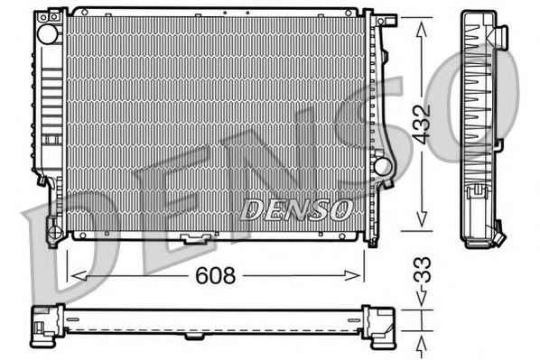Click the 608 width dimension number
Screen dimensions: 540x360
(x=216, y=275)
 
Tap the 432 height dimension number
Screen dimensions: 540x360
(x=422, y=124)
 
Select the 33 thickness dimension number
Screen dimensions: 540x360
(x=422, y=270)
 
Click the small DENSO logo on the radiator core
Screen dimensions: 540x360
(x=296, y=209)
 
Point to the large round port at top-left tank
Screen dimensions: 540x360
(x=48, y=33)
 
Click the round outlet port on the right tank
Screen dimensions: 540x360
(x=382, y=167)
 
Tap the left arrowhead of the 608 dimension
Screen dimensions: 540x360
(x=79, y=276)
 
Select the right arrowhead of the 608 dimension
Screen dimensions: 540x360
(x=352, y=276)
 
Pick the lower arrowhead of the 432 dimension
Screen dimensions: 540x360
(x=422, y=219)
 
